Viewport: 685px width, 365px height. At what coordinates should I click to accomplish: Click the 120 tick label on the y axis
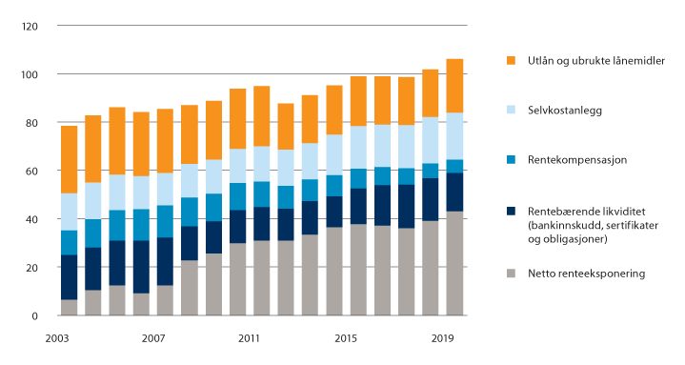click(28, 26)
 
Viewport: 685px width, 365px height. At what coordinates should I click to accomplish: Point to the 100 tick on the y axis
click(28, 74)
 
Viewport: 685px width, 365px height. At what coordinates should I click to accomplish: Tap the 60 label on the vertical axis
click(30, 172)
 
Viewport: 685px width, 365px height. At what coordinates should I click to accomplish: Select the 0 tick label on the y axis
click(33, 315)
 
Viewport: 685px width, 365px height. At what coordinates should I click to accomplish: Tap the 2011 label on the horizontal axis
click(250, 338)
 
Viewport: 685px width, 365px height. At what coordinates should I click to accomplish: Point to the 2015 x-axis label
click(346, 338)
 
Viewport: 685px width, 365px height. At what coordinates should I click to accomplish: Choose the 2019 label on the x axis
click(442, 338)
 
